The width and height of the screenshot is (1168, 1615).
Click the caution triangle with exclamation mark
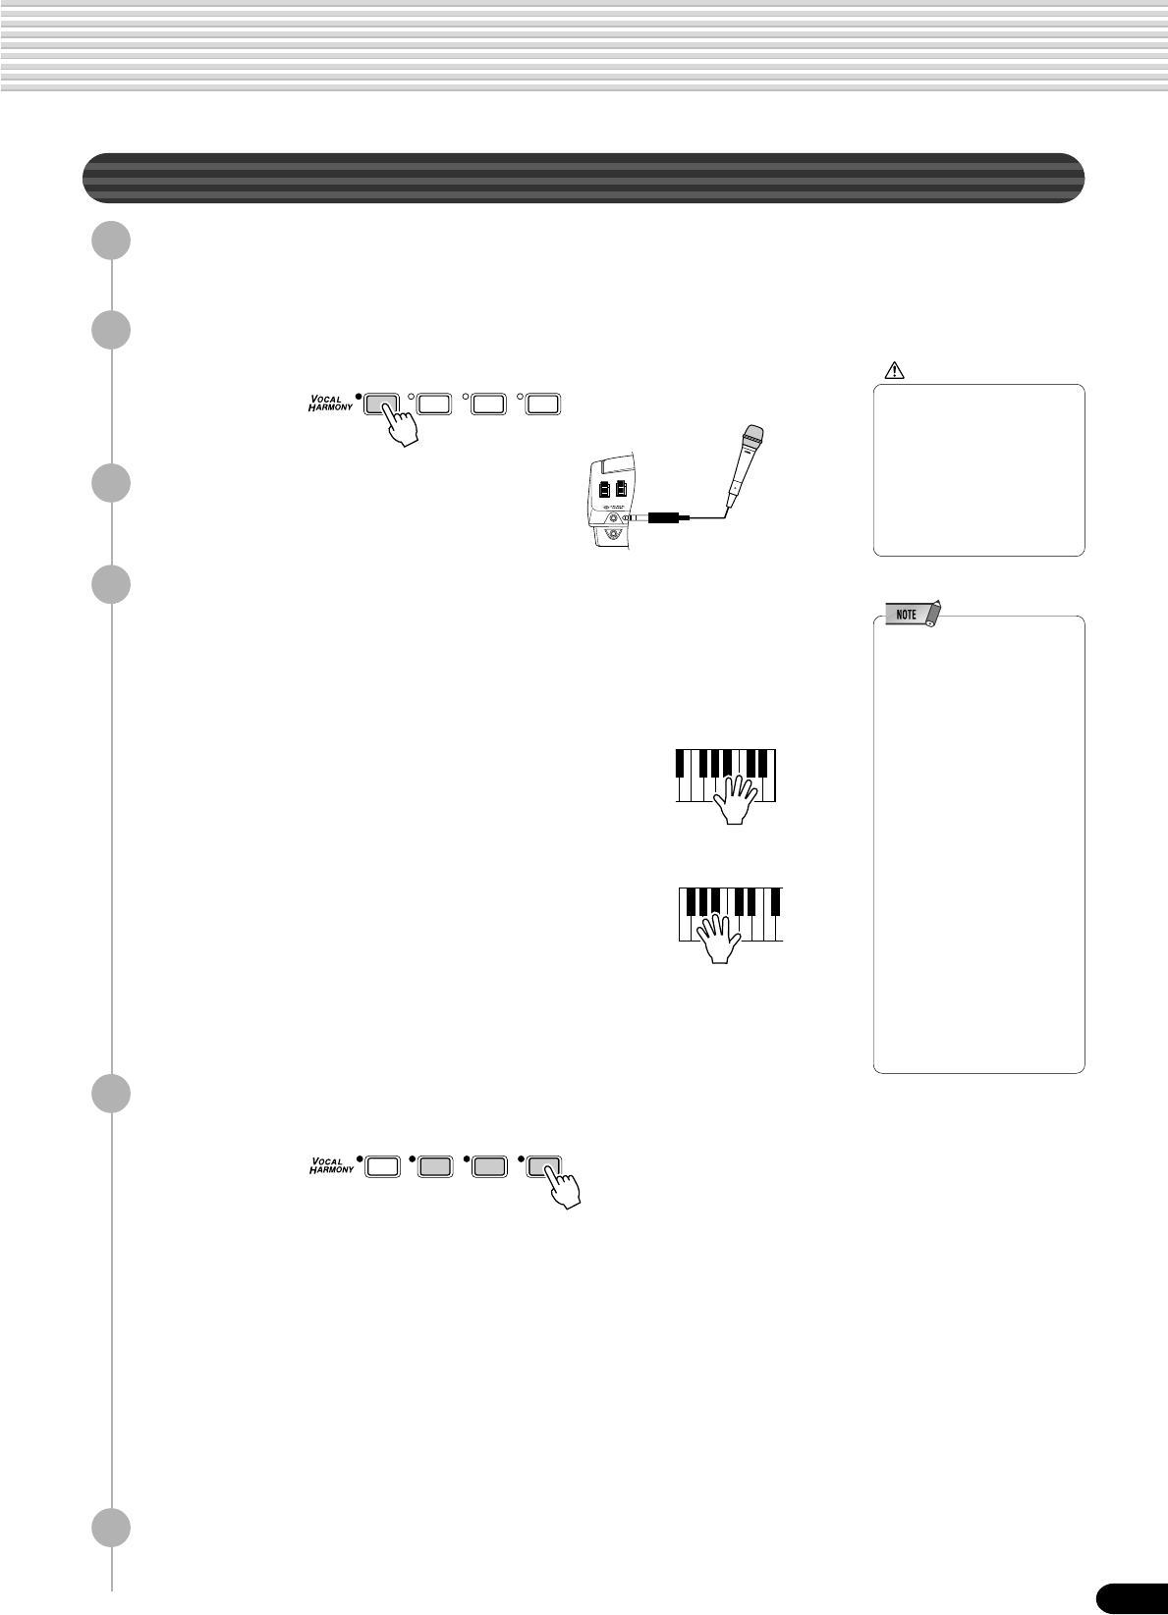(x=894, y=371)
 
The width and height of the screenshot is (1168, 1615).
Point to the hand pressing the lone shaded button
(x=400, y=426)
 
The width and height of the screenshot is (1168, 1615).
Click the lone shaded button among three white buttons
(x=380, y=402)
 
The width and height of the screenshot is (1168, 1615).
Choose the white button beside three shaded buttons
(x=382, y=1165)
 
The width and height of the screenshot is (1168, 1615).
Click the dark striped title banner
(x=584, y=178)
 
